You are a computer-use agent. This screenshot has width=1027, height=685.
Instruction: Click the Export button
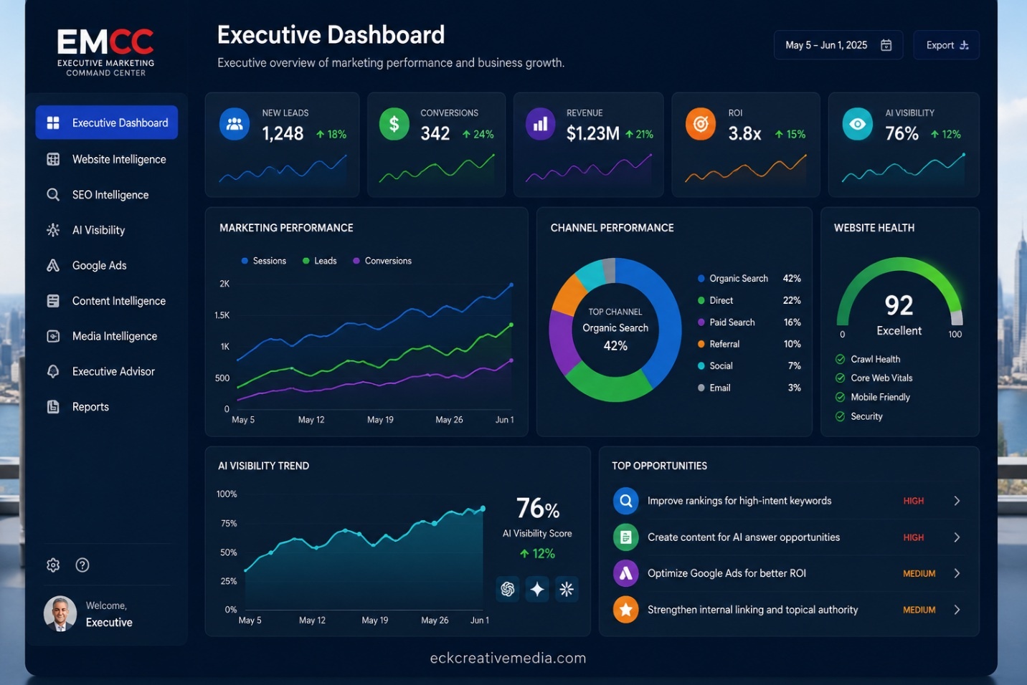coord(946,45)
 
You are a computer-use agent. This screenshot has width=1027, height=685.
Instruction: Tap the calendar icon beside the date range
coord(886,45)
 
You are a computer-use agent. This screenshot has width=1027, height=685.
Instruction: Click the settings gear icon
coord(53,565)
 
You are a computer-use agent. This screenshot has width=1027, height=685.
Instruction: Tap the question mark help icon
coord(82,565)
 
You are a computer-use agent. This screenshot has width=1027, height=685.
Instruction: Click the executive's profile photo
coord(60,613)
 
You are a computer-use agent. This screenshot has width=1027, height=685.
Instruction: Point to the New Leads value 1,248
coord(283,133)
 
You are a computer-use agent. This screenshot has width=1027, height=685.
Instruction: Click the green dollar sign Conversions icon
coord(394,124)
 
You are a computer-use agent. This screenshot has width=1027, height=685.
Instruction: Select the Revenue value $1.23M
coord(592,133)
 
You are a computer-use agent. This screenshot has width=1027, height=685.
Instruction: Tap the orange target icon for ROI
coord(700,124)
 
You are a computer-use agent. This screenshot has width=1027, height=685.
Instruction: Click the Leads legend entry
coord(320,261)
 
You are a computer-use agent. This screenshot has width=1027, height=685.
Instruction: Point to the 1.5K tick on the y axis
coord(222,315)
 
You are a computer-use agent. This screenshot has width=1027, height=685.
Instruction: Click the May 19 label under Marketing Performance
coord(380,420)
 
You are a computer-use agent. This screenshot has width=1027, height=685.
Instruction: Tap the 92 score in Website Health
coord(899,305)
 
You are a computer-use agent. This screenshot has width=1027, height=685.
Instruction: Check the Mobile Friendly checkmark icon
coord(840,397)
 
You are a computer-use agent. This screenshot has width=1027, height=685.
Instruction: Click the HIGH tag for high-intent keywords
coord(913,501)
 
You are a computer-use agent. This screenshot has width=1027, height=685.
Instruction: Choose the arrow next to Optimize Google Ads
coord(957,573)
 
